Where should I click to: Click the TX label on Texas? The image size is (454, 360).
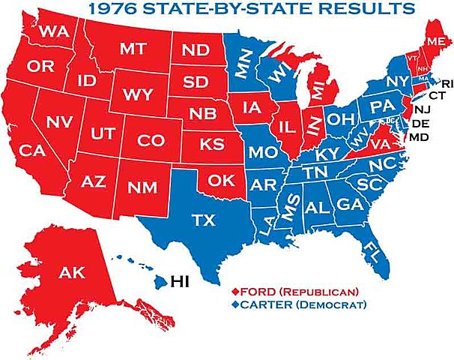(x=203, y=220)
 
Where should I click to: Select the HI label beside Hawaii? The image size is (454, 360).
(x=181, y=282)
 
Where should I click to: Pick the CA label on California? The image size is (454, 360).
(x=33, y=151)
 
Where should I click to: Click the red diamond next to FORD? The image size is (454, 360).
(x=235, y=291)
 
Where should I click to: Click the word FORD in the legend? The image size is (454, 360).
(x=257, y=291)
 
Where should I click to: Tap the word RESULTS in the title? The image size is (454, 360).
(x=370, y=10)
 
